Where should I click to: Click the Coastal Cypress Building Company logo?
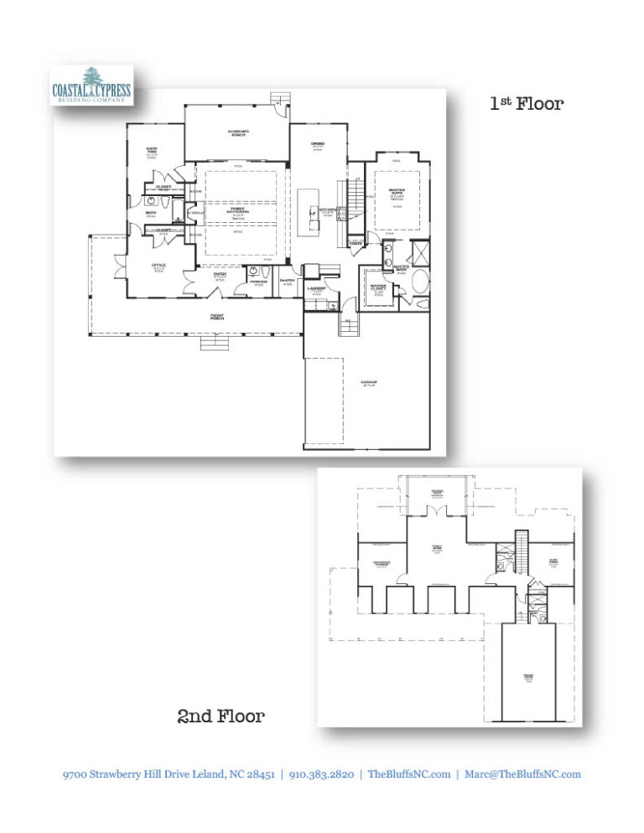tap(90, 86)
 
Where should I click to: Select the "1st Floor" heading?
tap(527, 104)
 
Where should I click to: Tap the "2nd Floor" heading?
tap(221, 716)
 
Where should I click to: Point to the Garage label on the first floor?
tap(368, 384)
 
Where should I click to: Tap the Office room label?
tap(158, 266)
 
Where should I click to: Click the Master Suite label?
tap(397, 192)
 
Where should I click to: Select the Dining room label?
tap(318, 145)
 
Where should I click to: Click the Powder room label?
tap(257, 282)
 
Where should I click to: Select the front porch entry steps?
tap(213, 343)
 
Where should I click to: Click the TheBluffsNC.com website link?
tap(409, 774)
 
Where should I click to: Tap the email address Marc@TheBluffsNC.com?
tap(522, 774)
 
